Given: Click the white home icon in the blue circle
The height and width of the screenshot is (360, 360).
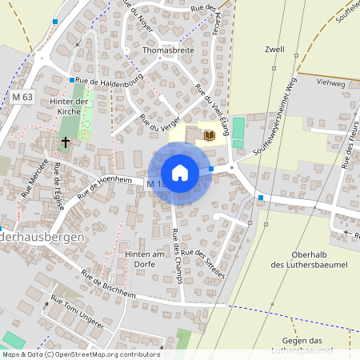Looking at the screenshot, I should click(x=180, y=173).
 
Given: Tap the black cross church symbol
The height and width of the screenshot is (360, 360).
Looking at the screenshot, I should click(x=64, y=142).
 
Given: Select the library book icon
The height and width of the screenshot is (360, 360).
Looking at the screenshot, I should click(x=210, y=135).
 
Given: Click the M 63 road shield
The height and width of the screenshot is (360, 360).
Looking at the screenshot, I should click(x=23, y=97).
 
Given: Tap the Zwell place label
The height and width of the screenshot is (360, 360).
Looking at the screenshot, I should click(x=275, y=49).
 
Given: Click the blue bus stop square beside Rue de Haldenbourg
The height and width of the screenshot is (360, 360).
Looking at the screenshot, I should click(x=71, y=80).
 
